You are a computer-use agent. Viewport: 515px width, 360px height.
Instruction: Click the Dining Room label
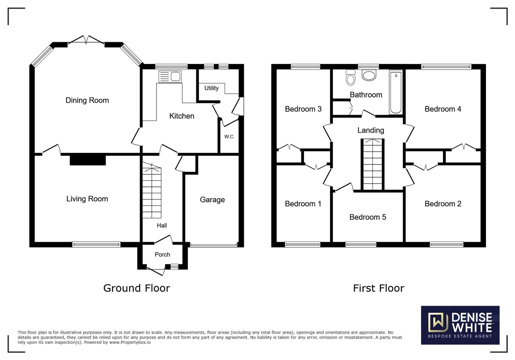point(87,100)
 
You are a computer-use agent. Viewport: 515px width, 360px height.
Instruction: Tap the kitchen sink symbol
point(170,77)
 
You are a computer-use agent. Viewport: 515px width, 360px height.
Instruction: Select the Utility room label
point(211,88)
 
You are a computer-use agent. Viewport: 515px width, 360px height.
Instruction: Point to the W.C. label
point(229,137)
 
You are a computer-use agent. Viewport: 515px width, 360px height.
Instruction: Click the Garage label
point(212,200)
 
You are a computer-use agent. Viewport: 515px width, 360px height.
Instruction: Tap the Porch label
point(162,255)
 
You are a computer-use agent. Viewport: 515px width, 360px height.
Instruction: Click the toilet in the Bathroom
point(351,78)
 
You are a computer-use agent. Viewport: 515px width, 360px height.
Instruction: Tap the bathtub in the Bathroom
point(396,92)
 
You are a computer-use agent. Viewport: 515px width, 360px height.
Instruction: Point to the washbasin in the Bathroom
point(369,75)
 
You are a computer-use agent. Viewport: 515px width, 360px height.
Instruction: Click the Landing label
point(371,130)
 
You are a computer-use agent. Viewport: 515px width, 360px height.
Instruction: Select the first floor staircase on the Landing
point(373,165)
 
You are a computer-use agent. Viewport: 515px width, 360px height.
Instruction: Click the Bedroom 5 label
point(368,217)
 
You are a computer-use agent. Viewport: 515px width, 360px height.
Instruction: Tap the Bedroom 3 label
point(303,109)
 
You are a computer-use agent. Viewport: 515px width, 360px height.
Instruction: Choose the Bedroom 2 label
point(443,204)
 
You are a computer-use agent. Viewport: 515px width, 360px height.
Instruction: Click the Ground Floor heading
point(136,288)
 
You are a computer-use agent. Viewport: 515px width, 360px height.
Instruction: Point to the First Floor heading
point(378,288)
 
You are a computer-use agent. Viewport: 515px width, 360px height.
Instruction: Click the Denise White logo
point(460,325)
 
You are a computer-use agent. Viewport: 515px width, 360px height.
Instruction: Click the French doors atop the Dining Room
point(86,40)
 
